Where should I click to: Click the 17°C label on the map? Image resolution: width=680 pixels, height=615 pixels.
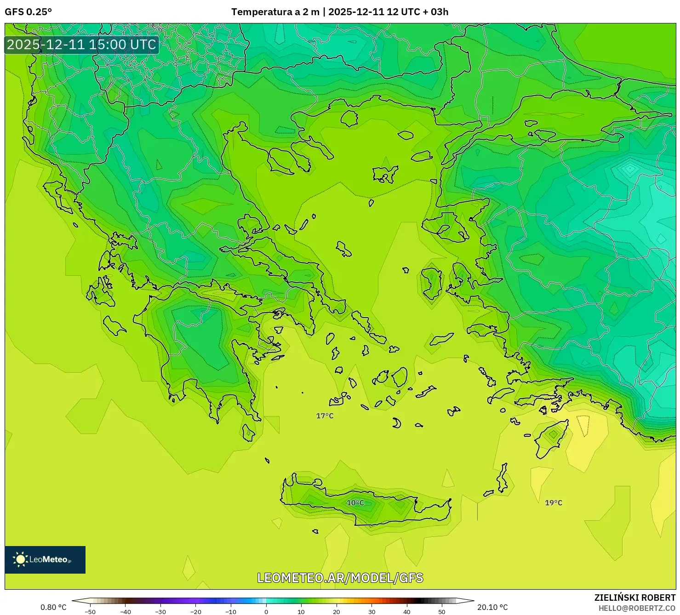(x=325, y=416)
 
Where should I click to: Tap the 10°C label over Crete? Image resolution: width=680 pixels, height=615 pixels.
(x=355, y=503)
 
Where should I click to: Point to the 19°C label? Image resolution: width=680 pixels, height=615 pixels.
(x=554, y=503)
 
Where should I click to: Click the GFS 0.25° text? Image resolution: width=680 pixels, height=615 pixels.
(x=28, y=12)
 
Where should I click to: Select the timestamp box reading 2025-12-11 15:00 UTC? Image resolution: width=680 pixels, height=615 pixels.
(x=81, y=45)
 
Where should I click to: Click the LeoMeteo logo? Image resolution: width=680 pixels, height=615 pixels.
(x=45, y=559)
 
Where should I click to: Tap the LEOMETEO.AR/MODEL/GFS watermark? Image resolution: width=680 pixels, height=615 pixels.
(x=340, y=578)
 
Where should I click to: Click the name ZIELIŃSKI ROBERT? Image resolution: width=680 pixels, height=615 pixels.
(x=634, y=598)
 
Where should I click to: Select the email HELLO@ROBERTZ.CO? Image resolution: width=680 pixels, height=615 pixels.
(x=637, y=608)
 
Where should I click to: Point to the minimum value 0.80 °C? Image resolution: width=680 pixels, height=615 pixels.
(x=53, y=607)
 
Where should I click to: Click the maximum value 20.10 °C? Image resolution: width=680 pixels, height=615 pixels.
(x=492, y=607)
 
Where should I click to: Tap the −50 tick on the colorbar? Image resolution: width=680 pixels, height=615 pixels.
(x=90, y=611)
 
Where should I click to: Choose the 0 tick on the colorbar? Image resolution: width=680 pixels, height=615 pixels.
(x=266, y=611)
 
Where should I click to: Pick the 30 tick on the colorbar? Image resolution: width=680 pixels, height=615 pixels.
(x=371, y=611)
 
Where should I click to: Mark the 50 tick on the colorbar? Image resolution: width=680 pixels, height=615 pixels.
(x=442, y=611)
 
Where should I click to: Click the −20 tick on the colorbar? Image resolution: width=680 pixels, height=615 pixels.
(x=195, y=611)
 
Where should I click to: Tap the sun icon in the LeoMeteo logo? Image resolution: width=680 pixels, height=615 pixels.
(x=20, y=559)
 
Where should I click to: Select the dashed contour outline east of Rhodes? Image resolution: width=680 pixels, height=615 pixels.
(x=583, y=425)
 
